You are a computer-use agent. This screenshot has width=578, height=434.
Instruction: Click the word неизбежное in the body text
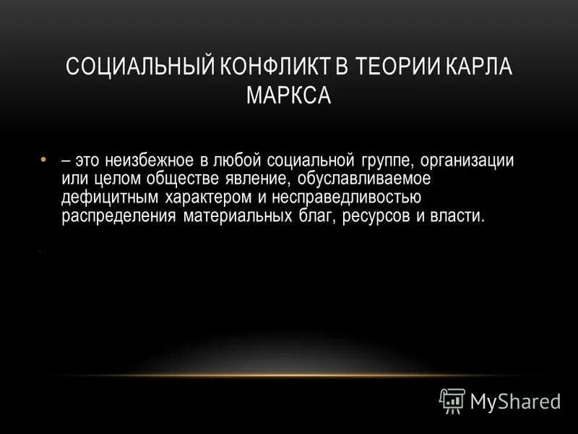point(150,161)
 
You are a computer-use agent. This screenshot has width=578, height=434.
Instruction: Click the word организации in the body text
point(470,161)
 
